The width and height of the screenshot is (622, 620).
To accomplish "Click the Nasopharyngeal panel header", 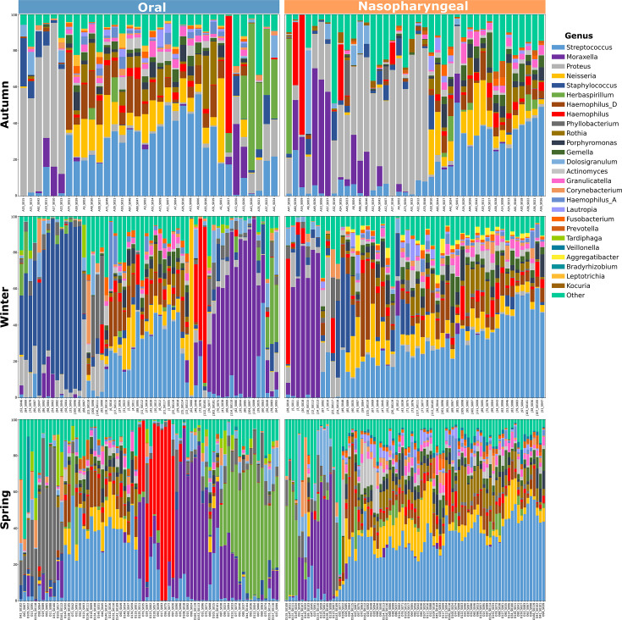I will click(414, 7).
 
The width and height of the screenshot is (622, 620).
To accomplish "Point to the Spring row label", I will click(8, 509).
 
